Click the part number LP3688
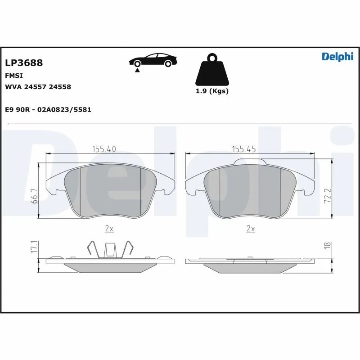point(24,63)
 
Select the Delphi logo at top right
point(337,57)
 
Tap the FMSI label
point(13,76)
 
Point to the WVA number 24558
point(60,87)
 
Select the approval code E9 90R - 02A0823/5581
point(48,110)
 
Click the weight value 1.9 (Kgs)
point(211,91)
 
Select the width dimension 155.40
point(104,149)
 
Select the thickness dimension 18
point(328,245)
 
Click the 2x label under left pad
point(108,229)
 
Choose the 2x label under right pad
point(251,229)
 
